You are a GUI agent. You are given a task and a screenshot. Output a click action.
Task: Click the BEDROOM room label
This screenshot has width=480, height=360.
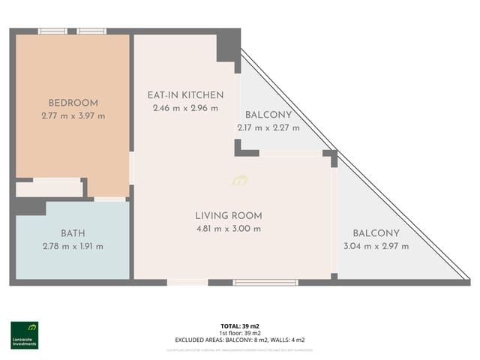(x=73, y=103)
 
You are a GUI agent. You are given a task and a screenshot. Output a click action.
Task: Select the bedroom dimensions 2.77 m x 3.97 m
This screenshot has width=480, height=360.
(x=73, y=115)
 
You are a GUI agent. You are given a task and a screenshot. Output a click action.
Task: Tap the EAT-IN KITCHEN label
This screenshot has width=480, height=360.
(x=184, y=95)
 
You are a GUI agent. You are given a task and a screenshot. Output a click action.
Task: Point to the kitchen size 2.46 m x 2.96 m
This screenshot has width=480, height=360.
(x=184, y=108)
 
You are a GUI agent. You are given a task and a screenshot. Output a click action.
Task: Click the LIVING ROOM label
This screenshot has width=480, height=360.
(x=228, y=215)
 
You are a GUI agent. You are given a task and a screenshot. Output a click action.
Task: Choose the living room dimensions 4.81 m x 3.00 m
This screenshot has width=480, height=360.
(x=228, y=228)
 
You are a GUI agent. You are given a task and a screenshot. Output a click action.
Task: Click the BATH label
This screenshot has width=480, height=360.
(x=73, y=233)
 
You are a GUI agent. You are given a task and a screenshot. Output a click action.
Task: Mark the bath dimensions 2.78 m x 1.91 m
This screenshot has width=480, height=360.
(x=73, y=246)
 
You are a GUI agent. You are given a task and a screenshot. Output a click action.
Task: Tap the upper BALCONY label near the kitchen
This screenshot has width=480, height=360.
(x=268, y=115)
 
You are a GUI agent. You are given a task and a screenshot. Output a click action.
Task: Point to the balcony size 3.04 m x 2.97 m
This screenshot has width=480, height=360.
(x=376, y=245)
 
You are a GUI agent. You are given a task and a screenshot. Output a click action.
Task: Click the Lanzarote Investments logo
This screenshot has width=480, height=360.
(x=25, y=334)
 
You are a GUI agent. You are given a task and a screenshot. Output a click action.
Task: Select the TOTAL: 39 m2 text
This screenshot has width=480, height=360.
(x=239, y=325)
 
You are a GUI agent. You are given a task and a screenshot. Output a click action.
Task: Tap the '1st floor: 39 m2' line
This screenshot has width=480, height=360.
(x=239, y=332)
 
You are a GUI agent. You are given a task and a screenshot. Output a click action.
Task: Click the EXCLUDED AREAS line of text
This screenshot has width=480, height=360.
(x=239, y=340)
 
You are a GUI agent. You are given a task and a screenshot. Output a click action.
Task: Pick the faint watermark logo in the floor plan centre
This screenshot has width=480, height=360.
(x=240, y=180)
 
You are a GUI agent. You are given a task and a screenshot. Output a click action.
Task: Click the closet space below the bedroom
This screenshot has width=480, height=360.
(x=49, y=188)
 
